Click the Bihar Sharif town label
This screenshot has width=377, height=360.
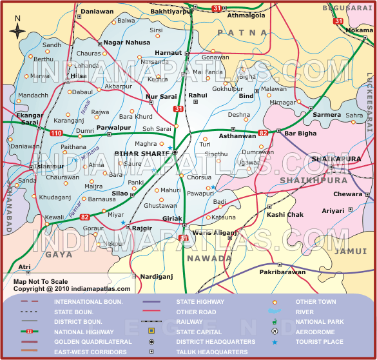tap(141, 154)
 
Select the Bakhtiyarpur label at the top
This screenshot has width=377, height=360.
tap(171, 12)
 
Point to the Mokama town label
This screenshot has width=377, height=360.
tap(359, 30)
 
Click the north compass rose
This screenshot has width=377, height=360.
tap(17, 28)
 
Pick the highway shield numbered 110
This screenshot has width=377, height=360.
tap(57, 133)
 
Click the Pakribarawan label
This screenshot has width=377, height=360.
tap(283, 273)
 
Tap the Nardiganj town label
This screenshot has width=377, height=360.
tap(157, 276)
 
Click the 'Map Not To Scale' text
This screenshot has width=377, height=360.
tap(41, 281)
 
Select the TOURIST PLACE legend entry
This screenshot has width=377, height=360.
tap(320, 342)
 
